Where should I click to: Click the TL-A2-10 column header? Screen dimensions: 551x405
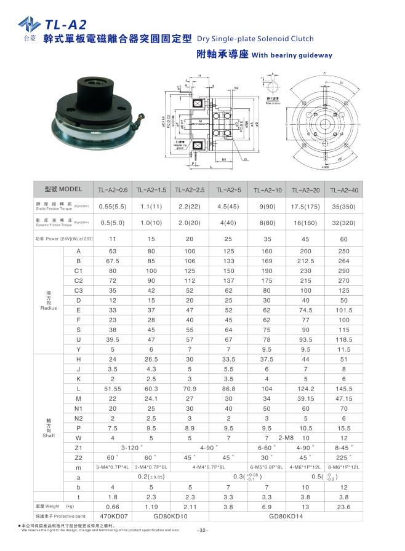click(x=270, y=190)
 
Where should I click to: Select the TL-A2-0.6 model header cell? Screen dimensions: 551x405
click(x=113, y=190)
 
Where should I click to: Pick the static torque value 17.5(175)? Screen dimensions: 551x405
click(x=307, y=207)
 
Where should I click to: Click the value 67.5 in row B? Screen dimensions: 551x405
click(x=113, y=261)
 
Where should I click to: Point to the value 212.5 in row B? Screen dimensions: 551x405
click(x=307, y=261)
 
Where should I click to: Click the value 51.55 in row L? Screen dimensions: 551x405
click(x=113, y=389)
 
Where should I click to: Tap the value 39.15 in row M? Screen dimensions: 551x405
click(x=307, y=399)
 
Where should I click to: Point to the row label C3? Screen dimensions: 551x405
click(x=78, y=290)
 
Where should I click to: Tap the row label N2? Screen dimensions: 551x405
click(x=78, y=418)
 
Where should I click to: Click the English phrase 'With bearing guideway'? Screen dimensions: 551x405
click(x=292, y=55)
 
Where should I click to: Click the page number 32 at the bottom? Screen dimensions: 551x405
click(x=202, y=530)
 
